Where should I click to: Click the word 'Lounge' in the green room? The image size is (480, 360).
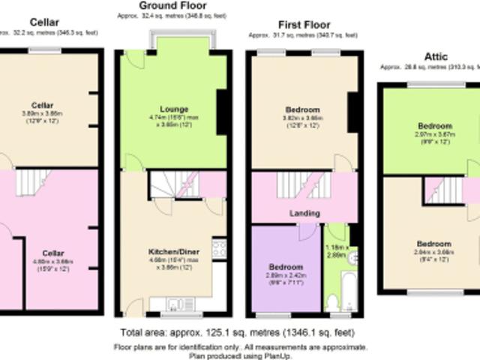tap(174, 109)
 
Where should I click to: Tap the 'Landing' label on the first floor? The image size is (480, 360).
tap(304, 214)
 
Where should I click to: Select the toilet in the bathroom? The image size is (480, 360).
tap(332, 302)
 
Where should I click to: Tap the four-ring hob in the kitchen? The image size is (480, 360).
tap(219, 248)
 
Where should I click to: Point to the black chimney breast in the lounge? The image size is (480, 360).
tap(222, 112)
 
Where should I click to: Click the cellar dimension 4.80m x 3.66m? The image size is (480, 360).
tap(47, 262)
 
